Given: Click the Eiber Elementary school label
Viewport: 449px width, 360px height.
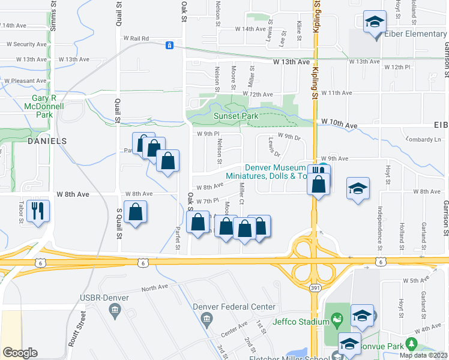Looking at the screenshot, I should [x=417, y=34].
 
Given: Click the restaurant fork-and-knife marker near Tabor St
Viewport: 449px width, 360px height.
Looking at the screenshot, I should [x=38, y=211].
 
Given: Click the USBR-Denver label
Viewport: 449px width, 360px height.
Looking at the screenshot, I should [x=88, y=298].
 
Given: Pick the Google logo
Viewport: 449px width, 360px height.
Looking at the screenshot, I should [x=20, y=353].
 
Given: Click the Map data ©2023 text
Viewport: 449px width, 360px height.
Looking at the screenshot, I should [x=424, y=355].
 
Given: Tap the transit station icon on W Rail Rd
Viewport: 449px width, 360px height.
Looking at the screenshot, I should [x=170, y=45].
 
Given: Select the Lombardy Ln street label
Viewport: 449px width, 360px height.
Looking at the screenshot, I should [x=423, y=139].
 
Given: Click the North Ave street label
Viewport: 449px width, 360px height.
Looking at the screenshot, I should [x=155, y=289].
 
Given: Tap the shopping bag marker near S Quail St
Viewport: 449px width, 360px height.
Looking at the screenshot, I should [x=136, y=212].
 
